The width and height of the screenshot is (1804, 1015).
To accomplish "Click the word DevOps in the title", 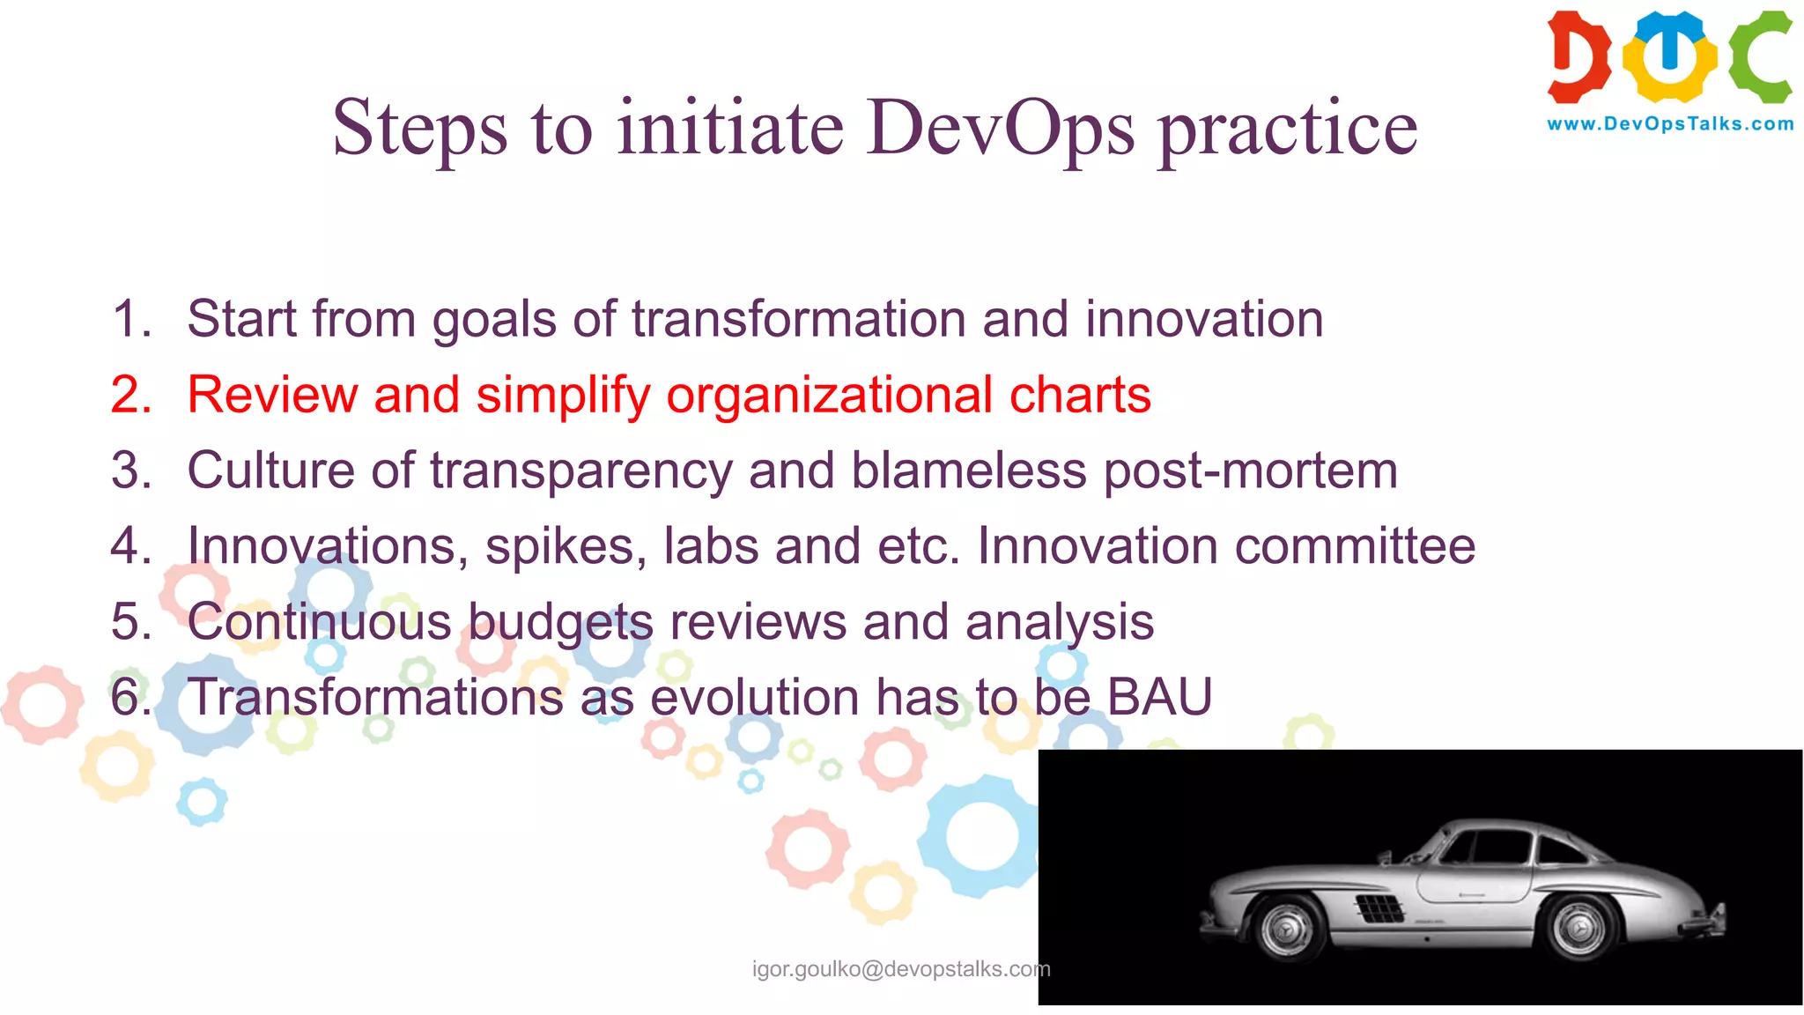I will click(1000, 129).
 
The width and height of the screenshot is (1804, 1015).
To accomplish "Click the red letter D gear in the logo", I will click(1578, 56).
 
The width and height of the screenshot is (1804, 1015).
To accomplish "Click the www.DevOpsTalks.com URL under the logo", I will click(1670, 124).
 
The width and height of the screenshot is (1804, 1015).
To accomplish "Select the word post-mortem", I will click(1250, 471).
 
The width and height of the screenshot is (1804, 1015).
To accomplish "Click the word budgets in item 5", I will click(560, 623).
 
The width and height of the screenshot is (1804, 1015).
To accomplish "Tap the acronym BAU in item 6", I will click(1159, 698).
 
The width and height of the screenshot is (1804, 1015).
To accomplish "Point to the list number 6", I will click(130, 698).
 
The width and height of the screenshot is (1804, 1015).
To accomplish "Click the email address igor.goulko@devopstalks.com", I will click(900, 969).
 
